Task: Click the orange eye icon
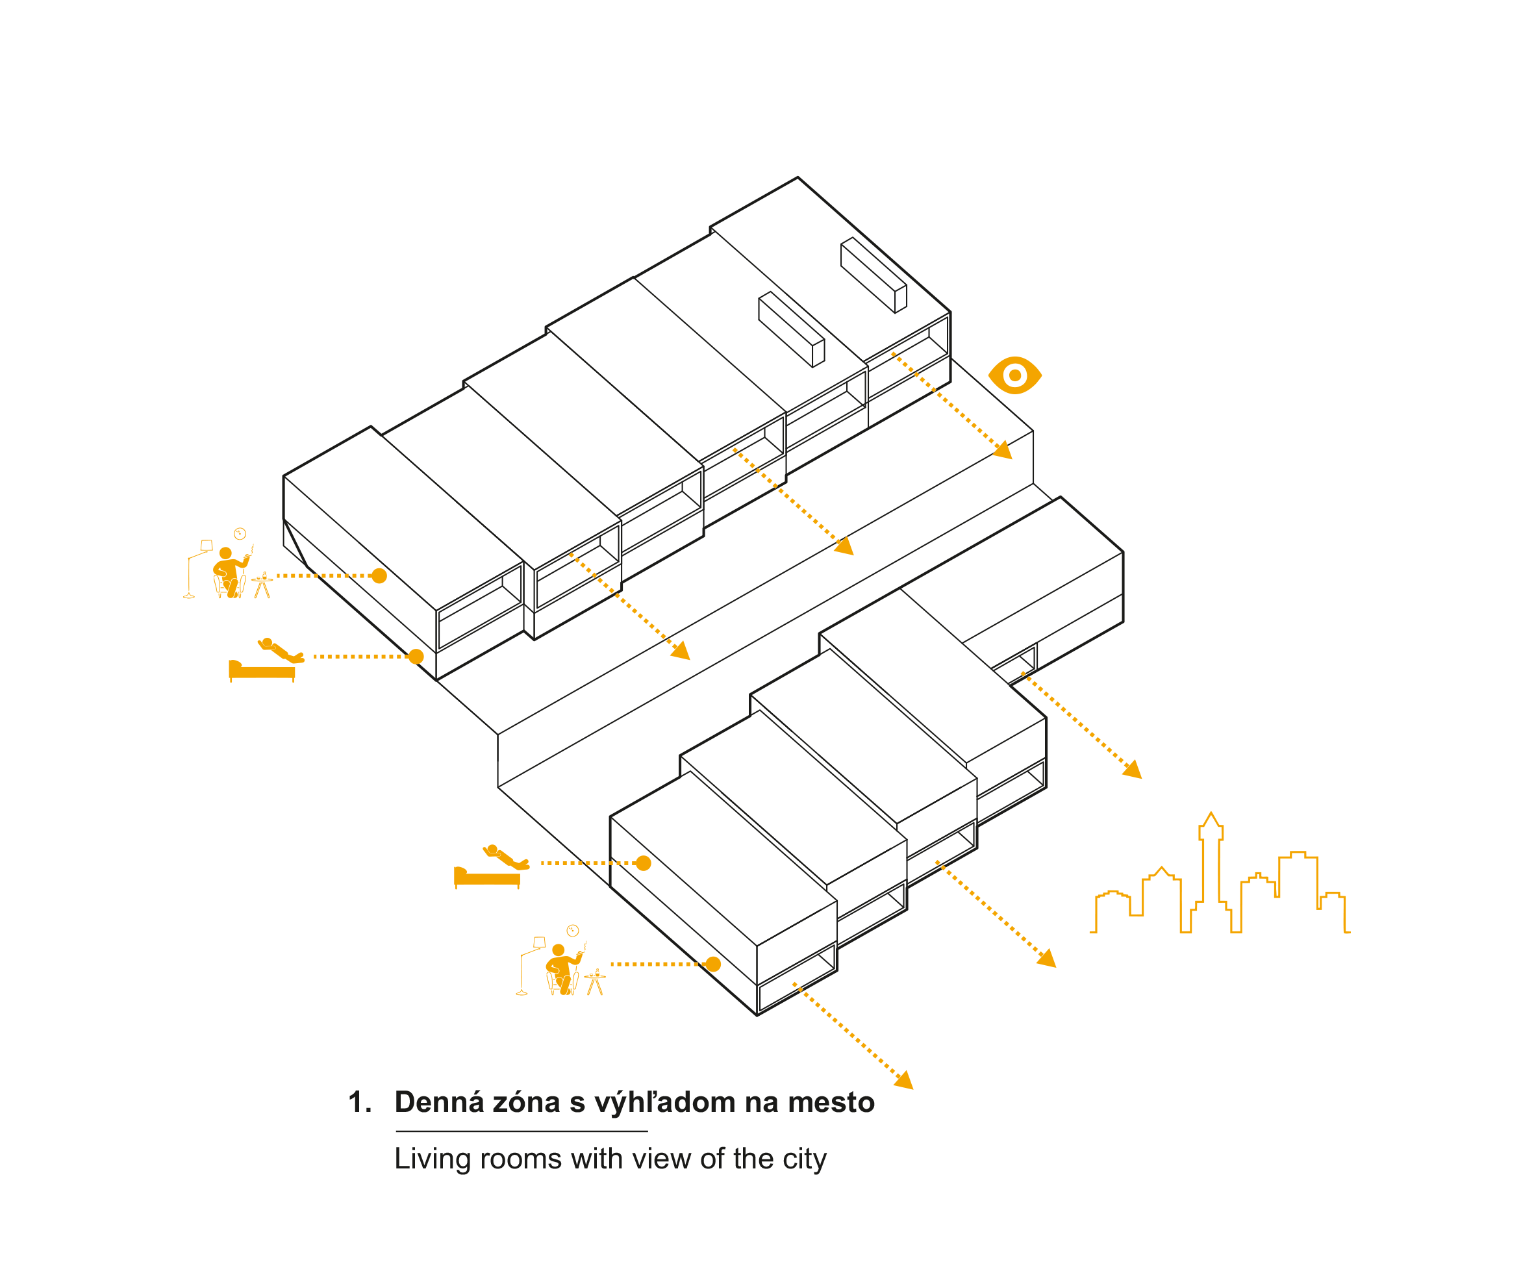tap(1014, 375)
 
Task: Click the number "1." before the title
tap(360, 1102)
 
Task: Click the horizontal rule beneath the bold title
tap(522, 1131)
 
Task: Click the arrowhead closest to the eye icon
tap(1003, 450)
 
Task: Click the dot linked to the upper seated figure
tap(379, 575)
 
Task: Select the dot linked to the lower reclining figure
tap(644, 863)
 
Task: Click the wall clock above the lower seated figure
tap(573, 930)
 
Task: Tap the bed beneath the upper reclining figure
tap(262, 671)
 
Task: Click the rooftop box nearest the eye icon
tap(874, 275)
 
